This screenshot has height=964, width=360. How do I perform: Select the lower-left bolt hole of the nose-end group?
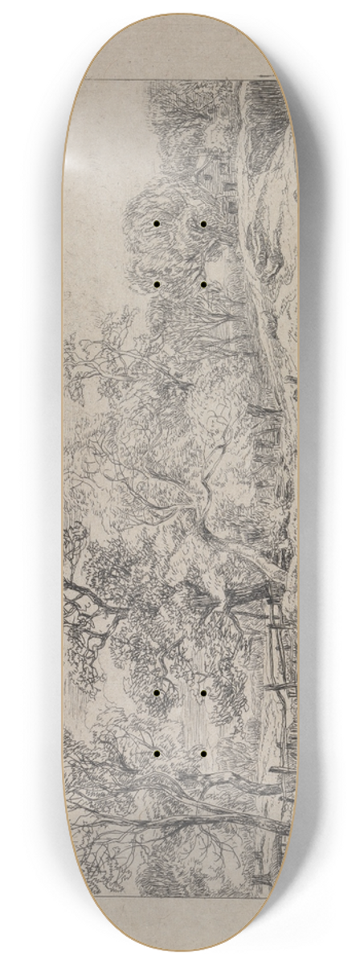click(x=156, y=284)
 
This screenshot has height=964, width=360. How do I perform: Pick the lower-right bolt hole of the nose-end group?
click(x=203, y=284)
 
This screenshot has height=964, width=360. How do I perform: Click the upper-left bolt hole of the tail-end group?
click(x=156, y=692)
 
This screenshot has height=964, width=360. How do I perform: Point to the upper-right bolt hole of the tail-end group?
click(x=203, y=692)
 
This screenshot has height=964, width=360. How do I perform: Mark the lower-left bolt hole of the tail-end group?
click(x=156, y=754)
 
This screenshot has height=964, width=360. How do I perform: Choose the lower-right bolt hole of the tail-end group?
click(x=203, y=754)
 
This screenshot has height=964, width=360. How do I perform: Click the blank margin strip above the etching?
click(x=180, y=52)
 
